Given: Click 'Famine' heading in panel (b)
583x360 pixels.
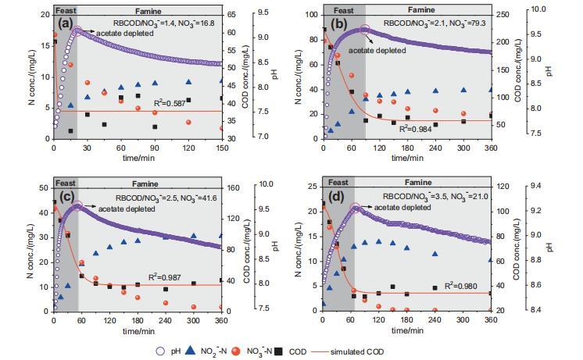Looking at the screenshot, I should pyautogui.click(x=420, y=10).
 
